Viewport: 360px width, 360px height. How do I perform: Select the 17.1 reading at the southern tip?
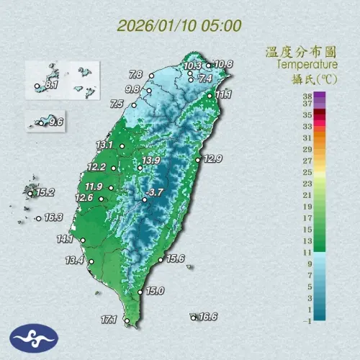[x=109, y=318]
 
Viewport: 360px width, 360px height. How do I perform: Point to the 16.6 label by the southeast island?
[x=208, y=316]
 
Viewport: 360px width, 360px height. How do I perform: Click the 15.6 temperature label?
[x=176, y=258]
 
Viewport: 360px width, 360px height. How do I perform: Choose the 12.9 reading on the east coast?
[x=212, y=158]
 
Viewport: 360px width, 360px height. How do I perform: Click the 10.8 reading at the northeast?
[x=224, y=64]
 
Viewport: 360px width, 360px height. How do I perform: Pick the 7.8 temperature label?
[x=135, y=73]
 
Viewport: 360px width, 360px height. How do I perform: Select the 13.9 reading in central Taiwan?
[x=150, y=160]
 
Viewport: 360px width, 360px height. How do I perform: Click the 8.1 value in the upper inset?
[x=51, y=85]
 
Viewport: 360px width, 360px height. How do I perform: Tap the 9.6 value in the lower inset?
[x=56, y=122]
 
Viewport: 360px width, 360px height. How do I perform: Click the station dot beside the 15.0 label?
[x=140, y=292]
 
